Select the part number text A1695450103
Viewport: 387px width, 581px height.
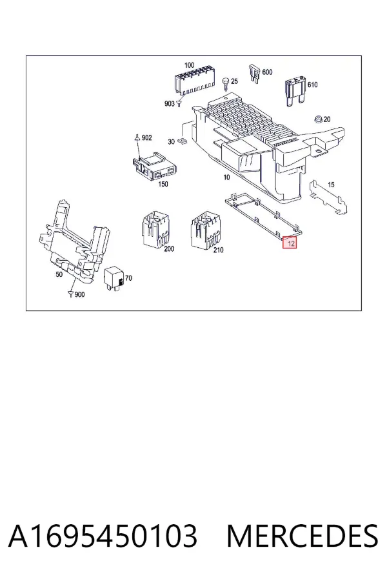103,536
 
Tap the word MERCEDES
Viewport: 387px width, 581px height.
303,536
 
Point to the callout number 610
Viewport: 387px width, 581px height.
313,85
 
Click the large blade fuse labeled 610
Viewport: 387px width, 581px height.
295,91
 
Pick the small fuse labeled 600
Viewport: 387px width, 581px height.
254,74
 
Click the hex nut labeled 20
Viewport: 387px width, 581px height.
317,119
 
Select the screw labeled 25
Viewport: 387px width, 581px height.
226,83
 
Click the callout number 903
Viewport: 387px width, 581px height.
169,104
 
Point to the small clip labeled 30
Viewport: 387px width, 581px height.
183,141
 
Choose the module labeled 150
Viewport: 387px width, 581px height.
155,167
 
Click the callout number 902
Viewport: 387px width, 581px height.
146,138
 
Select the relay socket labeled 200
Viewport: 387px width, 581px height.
155,229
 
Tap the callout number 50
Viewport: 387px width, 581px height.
59,274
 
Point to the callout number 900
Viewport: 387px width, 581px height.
79,294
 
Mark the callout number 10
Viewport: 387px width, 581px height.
226,178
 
